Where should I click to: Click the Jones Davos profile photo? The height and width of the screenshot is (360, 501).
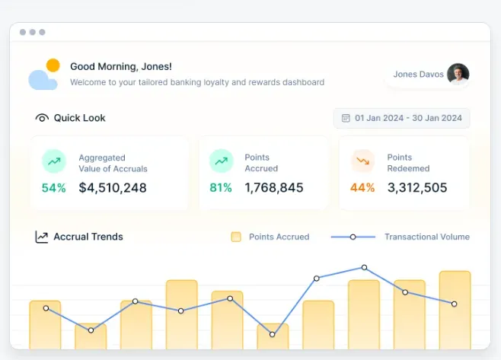(458, 74)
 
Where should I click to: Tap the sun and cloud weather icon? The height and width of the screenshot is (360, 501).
(43, 75)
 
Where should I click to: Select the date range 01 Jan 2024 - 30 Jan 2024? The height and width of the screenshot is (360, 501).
(401, 118)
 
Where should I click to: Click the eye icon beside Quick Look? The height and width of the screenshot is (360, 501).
(42, 118)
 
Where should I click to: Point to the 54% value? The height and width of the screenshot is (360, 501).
(53, 187)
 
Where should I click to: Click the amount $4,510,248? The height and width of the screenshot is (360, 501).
(113, 187)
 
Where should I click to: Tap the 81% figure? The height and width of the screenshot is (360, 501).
(221, 187)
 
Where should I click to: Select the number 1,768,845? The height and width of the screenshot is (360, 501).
(274, 187)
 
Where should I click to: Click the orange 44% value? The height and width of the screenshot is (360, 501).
(362, 187)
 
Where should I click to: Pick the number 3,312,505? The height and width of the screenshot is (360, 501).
(417, 187)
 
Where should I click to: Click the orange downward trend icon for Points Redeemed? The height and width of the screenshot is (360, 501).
(363, 161)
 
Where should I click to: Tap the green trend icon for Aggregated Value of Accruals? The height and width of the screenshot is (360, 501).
(54, 161)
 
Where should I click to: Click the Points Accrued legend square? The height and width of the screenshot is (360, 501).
(236, 237)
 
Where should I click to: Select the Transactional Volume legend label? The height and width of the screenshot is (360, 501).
(426, 237)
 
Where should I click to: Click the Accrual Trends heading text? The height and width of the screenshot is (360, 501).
(88, 237)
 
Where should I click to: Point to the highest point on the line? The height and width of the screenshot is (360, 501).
(364, 267)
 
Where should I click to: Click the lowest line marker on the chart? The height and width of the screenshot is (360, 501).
(273, 334)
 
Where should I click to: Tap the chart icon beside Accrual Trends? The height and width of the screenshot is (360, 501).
(42, 237)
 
